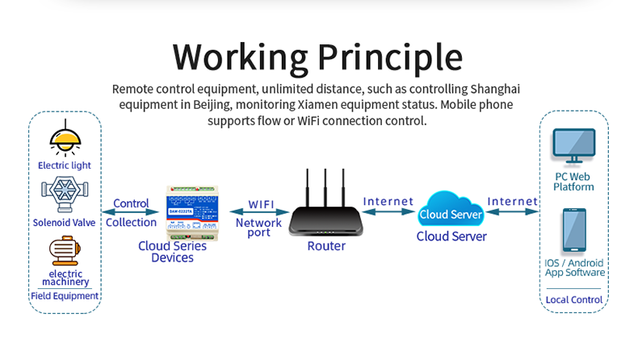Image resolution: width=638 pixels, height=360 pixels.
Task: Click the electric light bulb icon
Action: [65, 138]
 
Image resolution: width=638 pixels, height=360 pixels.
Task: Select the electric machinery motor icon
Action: [64, 251]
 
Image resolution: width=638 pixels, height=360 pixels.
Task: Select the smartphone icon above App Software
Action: [574, 231]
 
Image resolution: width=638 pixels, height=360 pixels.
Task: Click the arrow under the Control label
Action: [131, 212]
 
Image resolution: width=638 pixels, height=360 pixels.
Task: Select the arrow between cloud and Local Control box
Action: [513, 211]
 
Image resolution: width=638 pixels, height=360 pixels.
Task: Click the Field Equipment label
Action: [65, 295]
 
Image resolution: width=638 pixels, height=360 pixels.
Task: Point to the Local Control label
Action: [573, 299]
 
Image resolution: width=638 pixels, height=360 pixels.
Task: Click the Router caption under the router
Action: [326, 246]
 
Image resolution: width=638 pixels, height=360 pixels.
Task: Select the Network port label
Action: [258, 228]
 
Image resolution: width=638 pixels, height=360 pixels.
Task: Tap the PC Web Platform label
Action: [573, 182]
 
